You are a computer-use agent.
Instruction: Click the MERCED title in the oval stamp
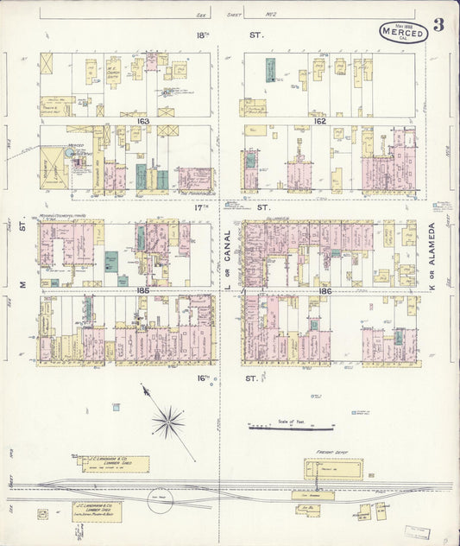[x=402, y=35]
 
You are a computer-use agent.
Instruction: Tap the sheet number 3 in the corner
[x=438, y=24]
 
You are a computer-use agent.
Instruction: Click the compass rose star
[x=168, y=422]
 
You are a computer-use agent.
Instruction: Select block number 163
[x=142, y=122]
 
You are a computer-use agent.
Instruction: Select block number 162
[x=318, y=122]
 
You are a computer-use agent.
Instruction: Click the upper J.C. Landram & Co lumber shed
[x=116, y=464]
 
